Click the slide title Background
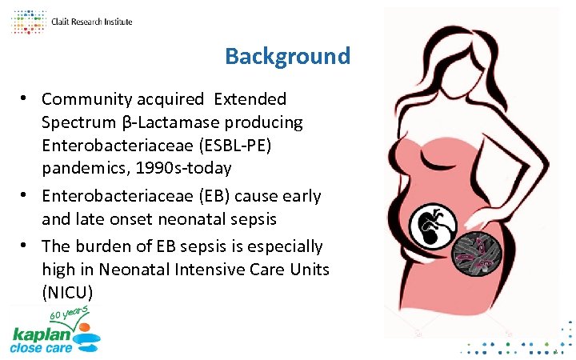(287, 57)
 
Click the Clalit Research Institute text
(91, 22)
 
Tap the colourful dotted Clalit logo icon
(27, 22)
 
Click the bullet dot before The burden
(26, 246)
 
